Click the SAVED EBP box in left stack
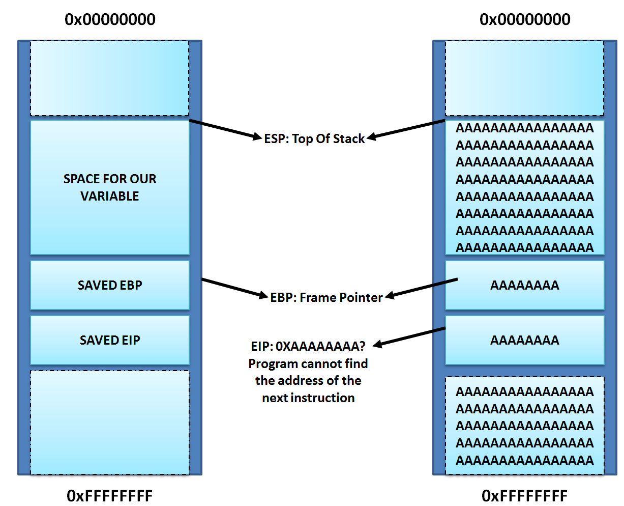pyautogui.click(x=110, y=285)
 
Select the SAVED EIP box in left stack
pyautogui.click(x=110, y=340)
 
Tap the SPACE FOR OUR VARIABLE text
pyautogui.click(x=110, y=187)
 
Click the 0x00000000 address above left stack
pyautogui.click(x=110, y=20)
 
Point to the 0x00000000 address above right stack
pyautogui.click(x=525, y=20)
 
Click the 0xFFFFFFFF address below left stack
pyautogui.click(x=110, y=495)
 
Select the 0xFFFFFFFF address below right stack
pyautogui.click(x=525, y=495)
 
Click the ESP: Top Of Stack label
pyautogui.click(x=314, y=138)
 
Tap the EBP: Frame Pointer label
pyautogui.click(x=326, y=297)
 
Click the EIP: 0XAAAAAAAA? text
pyautogui.click(x=308, y=346)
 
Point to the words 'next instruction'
pyautogui.click(x=308, y=398)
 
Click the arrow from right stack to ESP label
pyautogui.click(x=407, y=130)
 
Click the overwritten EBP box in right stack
pyautogui.click(x=525, y=285)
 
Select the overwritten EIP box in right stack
pyautogui.click(x=525, y=340)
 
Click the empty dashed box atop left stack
pyautogui.click(x=110, y=78)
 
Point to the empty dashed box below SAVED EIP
pyautogui.click(x=110, y=423)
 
